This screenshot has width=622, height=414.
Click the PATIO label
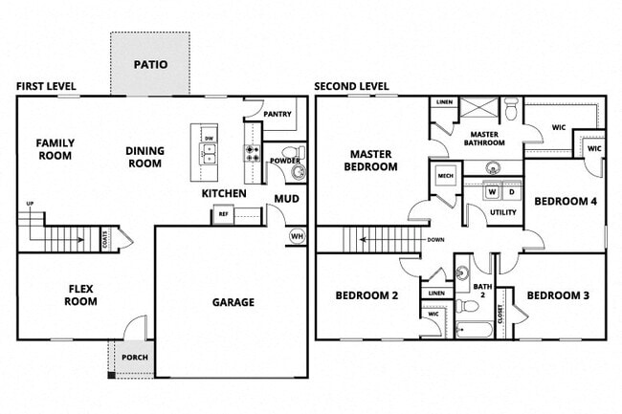pyautogui.click(x=150, y=66)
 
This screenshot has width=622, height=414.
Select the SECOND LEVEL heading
pyautogui.click(x=351, y=87)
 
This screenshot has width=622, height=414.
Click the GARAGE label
pyautogui.click(x=233, y=303)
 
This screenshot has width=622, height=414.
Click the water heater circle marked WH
pyautogui.click(x=296, y=237)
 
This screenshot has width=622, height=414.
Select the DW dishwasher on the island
pyautogui.click(x=209, y=138)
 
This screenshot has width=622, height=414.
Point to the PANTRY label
pyautogui.click(x=278, y=113)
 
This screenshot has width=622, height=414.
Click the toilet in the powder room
pyautogui.click(x=298, y=171)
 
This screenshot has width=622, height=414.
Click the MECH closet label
pyautogui.click(x=445, y=177)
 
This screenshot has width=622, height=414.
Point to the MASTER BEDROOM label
pyautogui.click(x=372, y=160)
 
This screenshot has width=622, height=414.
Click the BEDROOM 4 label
pyautogui.click(x=565, y=201)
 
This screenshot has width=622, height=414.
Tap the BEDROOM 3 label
pyautogui.click(x=558, y=295)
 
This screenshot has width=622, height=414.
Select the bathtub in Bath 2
pyautogui.click(x=475, y=331)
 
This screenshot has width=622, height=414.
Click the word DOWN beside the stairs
pyautogui.click(x=435, y=240)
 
